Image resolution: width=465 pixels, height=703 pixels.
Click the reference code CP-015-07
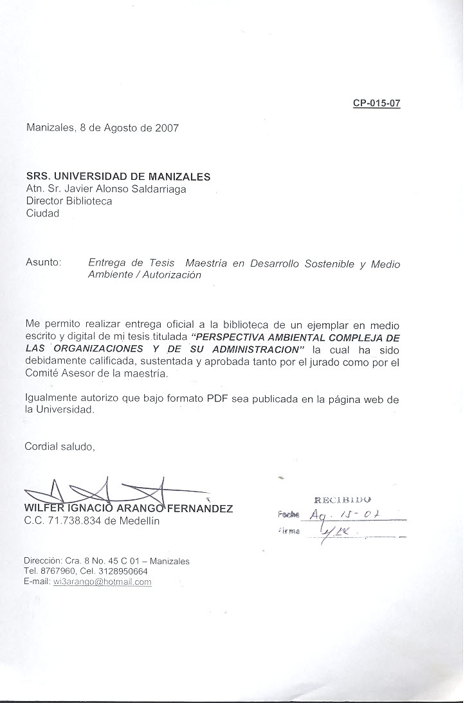[376, 103]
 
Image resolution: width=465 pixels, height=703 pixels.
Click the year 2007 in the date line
[167, 127]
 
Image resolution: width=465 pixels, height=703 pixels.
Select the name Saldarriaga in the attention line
[159, 188]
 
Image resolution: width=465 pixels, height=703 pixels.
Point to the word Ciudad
[42, 213]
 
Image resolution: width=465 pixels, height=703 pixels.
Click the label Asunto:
[43, 262]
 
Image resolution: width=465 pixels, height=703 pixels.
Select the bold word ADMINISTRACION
[257, 349]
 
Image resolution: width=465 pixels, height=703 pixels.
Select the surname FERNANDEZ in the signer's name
[200, 508]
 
